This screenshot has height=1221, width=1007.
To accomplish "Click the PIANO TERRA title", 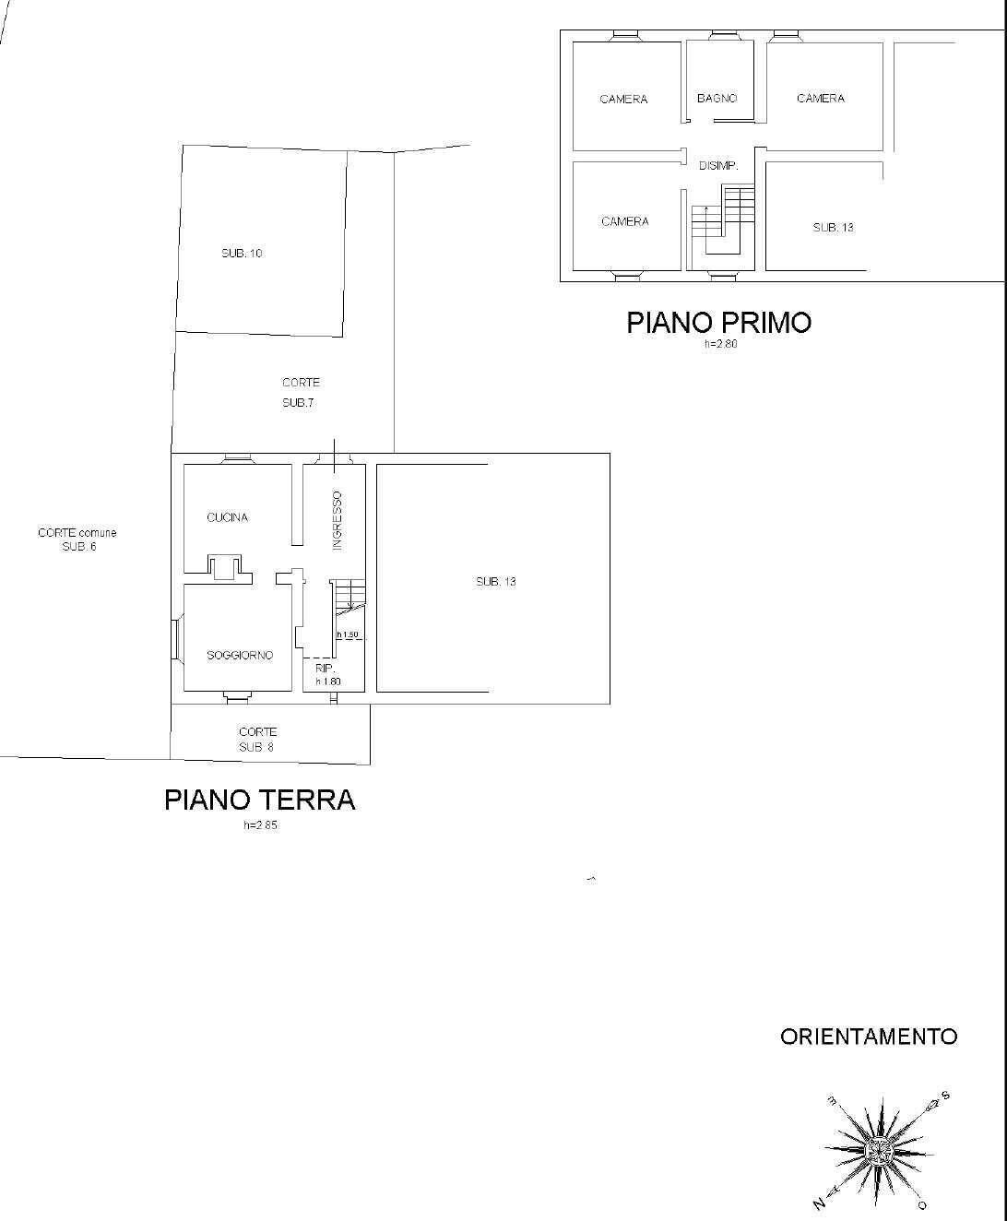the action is point(260,800).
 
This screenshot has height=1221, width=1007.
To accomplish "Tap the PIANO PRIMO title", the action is point(719,323).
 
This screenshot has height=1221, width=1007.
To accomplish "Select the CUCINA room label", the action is point(228,517).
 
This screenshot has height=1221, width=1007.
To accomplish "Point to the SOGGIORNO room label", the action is point(240,656).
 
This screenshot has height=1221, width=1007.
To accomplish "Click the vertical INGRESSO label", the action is point(337,520).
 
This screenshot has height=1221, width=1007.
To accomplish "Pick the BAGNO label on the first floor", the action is point(717,99).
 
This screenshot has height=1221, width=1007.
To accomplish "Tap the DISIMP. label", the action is point(718,166).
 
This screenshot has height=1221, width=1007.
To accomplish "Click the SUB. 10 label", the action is point(242,254).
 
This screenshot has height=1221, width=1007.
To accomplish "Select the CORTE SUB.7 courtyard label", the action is point(301,392).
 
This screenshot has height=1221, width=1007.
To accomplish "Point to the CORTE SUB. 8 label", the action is point(257,740).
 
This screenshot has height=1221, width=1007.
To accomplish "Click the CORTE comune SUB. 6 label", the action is point(77,539).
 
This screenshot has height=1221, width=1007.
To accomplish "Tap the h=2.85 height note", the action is point(260,825).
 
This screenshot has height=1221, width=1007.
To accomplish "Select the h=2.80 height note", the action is point(720,344).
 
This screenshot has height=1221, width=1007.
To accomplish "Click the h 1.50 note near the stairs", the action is point(348,634).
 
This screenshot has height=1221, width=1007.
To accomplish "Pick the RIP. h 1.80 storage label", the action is point(327,675).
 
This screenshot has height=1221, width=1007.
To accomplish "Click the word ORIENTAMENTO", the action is point(869,1037).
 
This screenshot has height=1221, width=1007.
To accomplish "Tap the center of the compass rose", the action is point(879,1151).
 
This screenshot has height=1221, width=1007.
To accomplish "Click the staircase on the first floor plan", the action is point(723,219).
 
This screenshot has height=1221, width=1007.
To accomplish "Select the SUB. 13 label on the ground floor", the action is point(496,582).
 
